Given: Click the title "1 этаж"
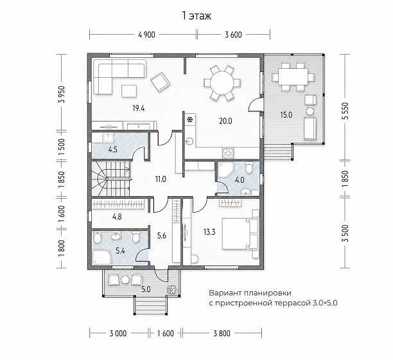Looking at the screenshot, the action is (197, 16).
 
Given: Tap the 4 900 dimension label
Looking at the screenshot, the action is (146, 35).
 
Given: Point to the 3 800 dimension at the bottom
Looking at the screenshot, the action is (222, 334).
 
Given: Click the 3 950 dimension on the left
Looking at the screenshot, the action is (62, 94).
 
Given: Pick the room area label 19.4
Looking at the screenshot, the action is (139, 109).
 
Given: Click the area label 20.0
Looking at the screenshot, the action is (225, 121).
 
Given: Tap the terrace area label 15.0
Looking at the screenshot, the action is (286, 115).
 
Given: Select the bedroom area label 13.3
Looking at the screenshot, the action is (209, 232).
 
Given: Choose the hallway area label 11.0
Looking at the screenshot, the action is (161, 179).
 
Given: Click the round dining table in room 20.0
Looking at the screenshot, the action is (222, 83).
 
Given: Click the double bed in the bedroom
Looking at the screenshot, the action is (240, 234).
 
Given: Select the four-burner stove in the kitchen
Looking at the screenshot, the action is (228, 153).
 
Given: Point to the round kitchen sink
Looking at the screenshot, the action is (189, 141).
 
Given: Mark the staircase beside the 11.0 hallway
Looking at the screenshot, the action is (110, 179).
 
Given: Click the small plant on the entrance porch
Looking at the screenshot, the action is (172, 289).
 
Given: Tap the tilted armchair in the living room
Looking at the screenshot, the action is (161, 82).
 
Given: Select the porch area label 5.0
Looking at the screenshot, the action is (146, 289).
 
